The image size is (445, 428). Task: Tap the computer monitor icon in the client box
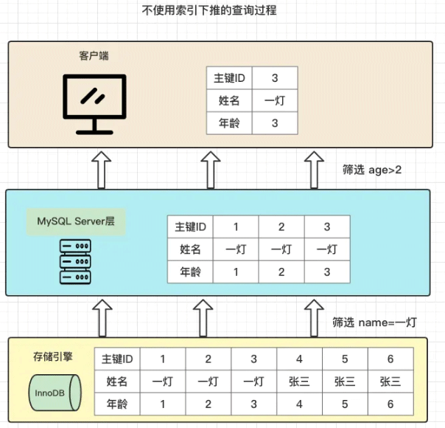click(94, 103)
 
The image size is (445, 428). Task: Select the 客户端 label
click(94, 56)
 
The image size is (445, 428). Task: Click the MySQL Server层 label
click(72, 221)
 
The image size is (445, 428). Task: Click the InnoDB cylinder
click(49, 393)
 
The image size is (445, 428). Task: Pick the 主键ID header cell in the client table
click(229, 77)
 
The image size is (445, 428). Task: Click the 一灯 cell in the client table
click(275, 100)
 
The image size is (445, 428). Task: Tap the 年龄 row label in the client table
click(229, 122)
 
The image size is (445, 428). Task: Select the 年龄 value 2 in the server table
click(281, 272)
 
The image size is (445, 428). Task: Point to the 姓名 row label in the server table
click(190, 249)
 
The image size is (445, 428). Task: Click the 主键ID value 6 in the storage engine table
click(390, 359)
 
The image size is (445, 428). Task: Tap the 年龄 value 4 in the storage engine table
click(299, 404)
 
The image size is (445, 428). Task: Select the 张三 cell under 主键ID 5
click(345, 382)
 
